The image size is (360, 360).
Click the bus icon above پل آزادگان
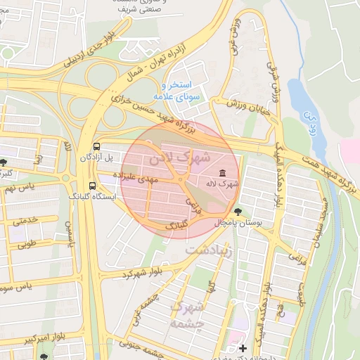pyautogui.click(x=96, y=146)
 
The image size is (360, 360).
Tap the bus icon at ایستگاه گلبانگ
pyautogui.click(x=93, y=186)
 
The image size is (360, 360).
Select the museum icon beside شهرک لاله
pyautogui.click(x=223, y=173)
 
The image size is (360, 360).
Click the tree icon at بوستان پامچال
pyautogui.click(x=238, y=211)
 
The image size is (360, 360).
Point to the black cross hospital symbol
pyautogui.click(x=243, y=348)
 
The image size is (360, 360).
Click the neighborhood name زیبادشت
pyautogui.click(x=208, y=249)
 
